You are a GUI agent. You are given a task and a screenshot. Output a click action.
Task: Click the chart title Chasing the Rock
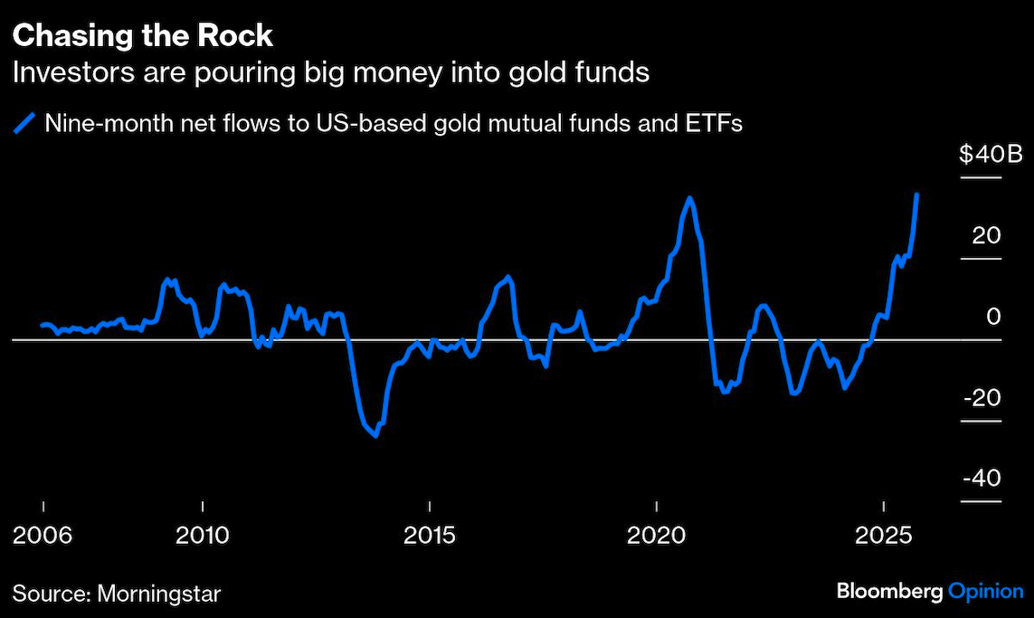tap(142, 35)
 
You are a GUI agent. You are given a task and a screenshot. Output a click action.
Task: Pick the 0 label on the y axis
tap(993, 317)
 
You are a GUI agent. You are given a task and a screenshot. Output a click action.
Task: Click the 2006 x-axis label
tap(43, 536)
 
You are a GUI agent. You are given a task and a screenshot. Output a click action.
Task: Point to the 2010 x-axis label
tap(204, 536)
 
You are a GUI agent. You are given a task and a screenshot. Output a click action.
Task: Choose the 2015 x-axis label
tap(430, 536)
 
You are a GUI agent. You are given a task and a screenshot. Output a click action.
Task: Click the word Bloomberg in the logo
tap(889, 593)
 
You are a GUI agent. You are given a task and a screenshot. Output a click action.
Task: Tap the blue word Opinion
tap(985, 593)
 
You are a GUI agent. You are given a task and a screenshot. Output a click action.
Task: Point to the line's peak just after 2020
tap(689, 197)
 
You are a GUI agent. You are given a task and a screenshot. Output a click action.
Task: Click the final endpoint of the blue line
tap(917, 195)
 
